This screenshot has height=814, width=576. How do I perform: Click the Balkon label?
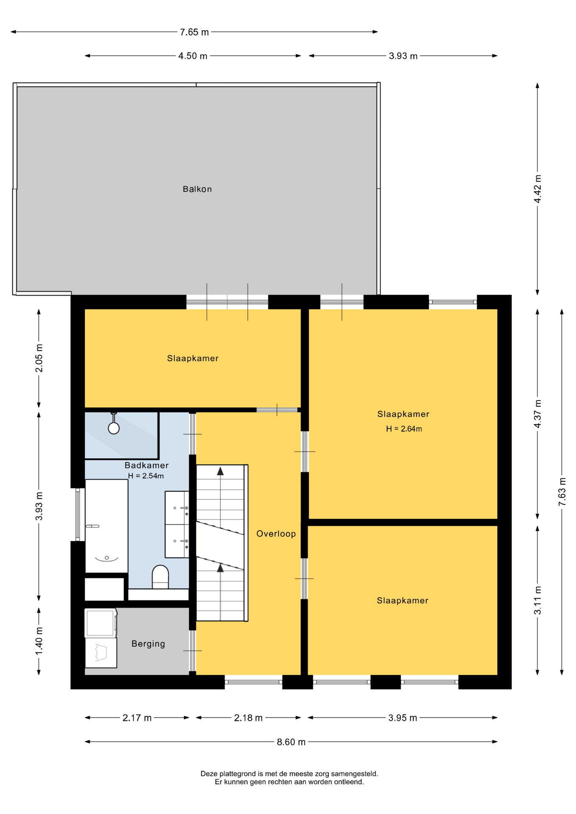coord(197,189)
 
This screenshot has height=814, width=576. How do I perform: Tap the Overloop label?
coord(276,534)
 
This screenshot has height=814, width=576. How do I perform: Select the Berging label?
coord(148,644)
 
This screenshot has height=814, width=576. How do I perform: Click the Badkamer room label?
coord(147,466)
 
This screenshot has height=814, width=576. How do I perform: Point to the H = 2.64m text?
coord(404,429)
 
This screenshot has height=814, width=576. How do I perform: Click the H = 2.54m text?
coord(146,476)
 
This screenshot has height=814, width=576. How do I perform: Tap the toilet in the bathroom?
coord(160,577)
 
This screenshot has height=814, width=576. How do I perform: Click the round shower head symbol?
coord(114,428)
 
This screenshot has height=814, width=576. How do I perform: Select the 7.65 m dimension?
coord(194,32)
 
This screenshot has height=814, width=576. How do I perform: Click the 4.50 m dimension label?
coord(193,56)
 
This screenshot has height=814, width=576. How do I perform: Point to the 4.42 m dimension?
coord(537,189)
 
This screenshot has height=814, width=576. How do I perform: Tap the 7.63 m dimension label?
coord(562,492)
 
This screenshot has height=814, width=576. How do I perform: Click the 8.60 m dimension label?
coord(291,742)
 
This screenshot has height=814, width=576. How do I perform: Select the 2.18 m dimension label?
coord(249,718)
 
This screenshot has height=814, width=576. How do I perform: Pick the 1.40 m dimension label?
coord(39,641)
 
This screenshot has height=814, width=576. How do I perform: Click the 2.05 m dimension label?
coord(39,358)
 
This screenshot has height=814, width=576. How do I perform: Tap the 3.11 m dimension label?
coord(537,600)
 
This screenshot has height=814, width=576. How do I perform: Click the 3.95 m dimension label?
coord(403,718)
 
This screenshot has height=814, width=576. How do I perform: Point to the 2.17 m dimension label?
coord(137,718)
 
